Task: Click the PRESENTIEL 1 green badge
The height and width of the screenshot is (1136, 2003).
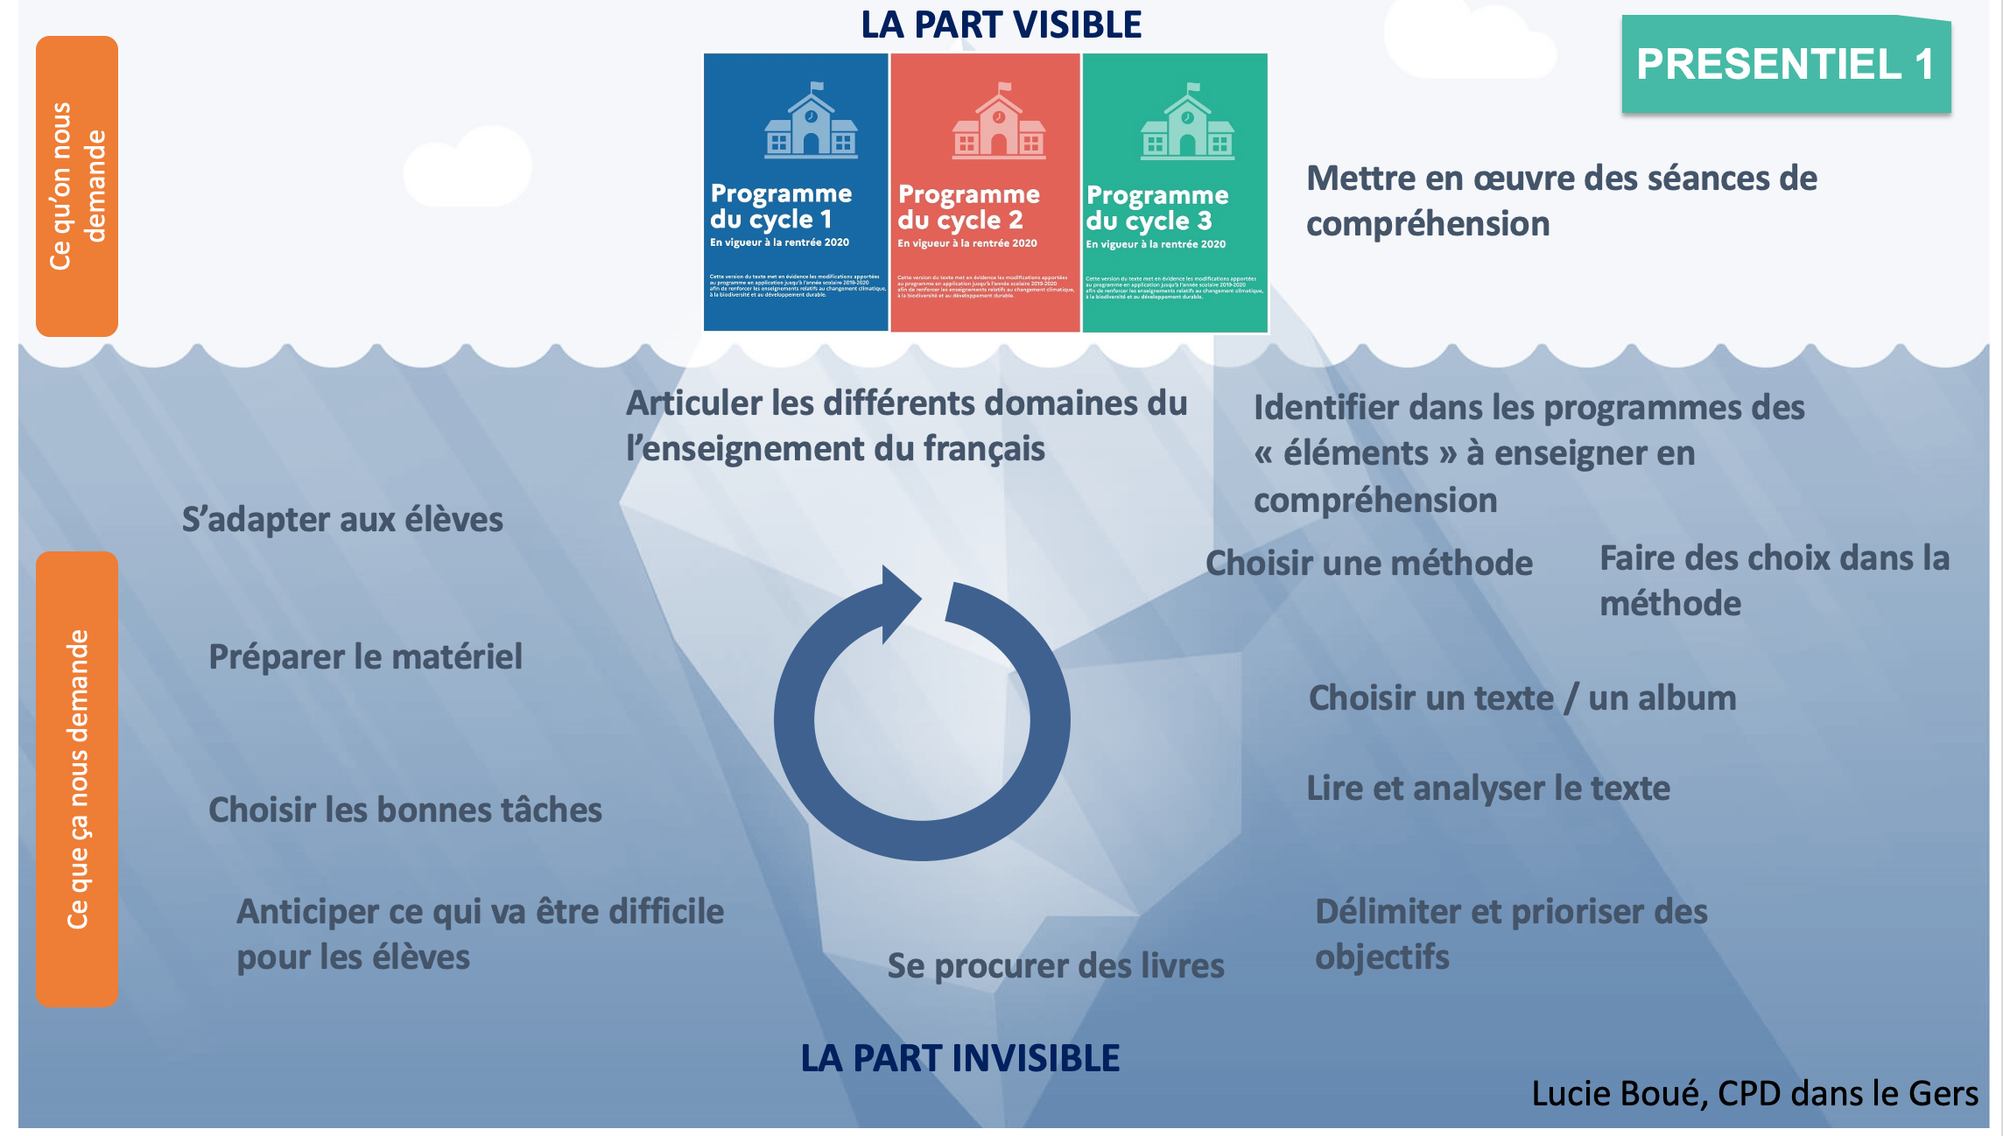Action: click(1785, 65)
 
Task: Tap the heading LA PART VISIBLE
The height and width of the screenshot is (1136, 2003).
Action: click(1001, 25)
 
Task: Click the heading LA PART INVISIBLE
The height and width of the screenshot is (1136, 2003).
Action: click(959, 1058)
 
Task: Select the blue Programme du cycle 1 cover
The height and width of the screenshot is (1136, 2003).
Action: click(795, 193)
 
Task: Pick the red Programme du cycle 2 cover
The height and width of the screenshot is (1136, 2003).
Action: click(984, 193)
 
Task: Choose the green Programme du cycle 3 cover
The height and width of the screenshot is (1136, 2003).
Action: click(1174, 193)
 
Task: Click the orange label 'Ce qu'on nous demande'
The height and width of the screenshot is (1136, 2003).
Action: click(77, 186)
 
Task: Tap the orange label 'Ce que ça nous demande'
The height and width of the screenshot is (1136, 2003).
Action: click(77, 779)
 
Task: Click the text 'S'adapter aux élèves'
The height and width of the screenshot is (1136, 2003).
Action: click(342, 520)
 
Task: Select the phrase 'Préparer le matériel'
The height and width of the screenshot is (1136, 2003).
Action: click(365, 657)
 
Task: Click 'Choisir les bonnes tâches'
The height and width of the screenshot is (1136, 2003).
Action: click(404, 810)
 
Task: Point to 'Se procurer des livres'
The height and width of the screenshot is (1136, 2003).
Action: click(1055, 966)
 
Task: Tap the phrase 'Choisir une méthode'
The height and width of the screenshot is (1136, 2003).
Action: click(1368, 564)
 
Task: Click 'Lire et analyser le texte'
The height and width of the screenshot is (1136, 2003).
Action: click(1487, 789)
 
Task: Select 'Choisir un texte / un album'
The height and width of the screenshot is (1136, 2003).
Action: click(1522, 698)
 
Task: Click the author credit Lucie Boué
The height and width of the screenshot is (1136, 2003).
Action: click(1754, 1094)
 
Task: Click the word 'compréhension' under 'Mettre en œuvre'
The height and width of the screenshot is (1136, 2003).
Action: click(1427, 224)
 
